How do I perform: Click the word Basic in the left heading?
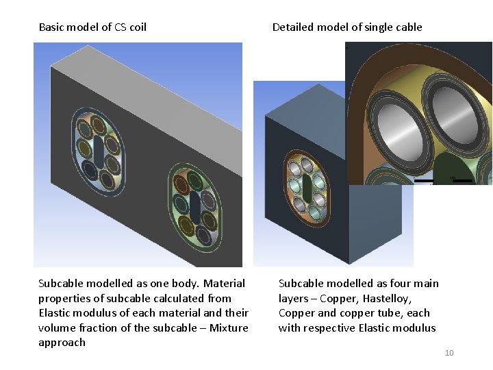(x=53, y=27)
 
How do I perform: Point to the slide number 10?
(x=449, y=353)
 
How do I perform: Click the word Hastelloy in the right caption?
(x=388, y=299)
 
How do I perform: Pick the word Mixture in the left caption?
(x=229, y=328)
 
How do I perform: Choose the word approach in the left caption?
(x=62, y=343)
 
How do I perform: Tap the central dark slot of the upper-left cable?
(x=99, y=151)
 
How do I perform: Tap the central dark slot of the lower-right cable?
(x=195, y=205)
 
